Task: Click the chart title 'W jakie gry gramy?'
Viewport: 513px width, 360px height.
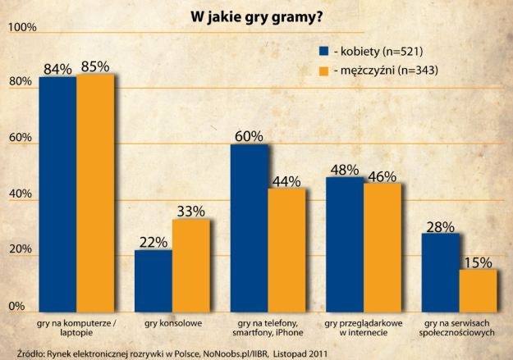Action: [257, 15]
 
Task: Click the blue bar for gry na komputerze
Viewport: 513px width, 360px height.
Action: [57, 193]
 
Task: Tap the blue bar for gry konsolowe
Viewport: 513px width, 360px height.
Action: [153, 280]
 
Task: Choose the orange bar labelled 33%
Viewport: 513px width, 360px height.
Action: [191, 264]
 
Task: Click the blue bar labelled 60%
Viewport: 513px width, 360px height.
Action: [249, 226]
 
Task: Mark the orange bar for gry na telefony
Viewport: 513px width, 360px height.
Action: [286, 248]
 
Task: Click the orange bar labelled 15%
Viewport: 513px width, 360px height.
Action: [478, 289]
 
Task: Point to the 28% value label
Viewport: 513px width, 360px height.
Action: [440, 226]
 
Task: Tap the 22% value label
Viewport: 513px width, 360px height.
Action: [153, 242]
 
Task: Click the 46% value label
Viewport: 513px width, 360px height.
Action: [382, 175]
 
